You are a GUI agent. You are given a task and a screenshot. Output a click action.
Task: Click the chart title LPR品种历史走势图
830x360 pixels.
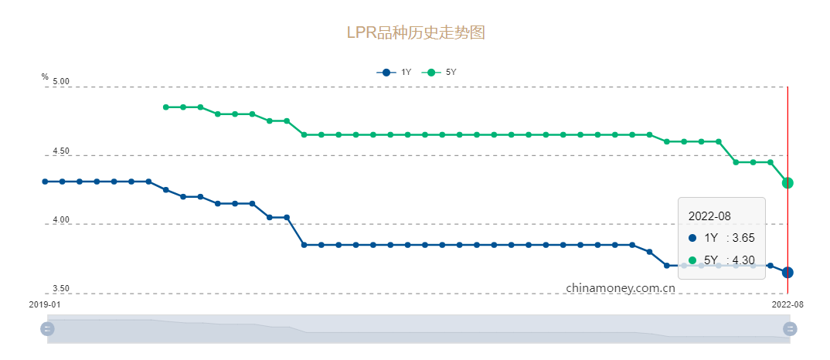[x=415, y=33]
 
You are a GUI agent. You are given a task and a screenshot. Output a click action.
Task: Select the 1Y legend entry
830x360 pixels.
[x=394, y=73]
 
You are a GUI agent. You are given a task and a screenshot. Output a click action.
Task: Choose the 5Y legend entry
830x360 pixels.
[x=441, y=73]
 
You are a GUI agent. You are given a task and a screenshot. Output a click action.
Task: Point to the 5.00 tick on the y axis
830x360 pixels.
[x=61, y=82]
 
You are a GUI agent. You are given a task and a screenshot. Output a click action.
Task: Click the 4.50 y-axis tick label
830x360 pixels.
[x=61, y=151]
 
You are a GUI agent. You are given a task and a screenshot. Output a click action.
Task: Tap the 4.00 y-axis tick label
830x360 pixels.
[x=61, y=220]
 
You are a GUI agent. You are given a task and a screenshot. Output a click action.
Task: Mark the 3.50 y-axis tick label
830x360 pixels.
[x=61, y=289]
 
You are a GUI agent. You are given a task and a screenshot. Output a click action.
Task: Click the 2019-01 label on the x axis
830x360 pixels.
[x=45, y=304]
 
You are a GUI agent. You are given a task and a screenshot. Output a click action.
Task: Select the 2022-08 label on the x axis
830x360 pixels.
[x=787, y=304]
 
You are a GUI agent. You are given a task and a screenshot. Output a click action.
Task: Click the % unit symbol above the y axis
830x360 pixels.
[x=45, y=76]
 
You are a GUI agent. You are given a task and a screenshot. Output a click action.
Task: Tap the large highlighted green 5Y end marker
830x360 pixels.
[x=787, y=183]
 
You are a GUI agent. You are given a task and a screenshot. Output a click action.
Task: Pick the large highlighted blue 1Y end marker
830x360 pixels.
[x=787, y=272]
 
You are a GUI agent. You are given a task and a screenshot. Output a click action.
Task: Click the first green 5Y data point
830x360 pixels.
[x=166, y=107]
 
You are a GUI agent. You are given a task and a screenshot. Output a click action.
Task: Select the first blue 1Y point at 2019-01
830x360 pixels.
[x=45, y=182]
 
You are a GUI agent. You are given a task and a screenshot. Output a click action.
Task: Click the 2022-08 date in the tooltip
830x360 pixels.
[x=709, y=217]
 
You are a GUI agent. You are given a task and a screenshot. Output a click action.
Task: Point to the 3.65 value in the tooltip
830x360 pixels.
[x=742, y=239]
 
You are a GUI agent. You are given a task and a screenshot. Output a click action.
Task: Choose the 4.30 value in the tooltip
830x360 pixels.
[x=742, y=260]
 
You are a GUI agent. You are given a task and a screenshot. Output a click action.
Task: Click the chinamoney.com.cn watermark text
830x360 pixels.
[x=621, y=287]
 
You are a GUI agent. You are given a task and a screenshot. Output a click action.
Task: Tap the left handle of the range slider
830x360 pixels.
[x=47, y=329]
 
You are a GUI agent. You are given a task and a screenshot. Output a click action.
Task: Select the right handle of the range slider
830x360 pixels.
[x=790, y=329]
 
